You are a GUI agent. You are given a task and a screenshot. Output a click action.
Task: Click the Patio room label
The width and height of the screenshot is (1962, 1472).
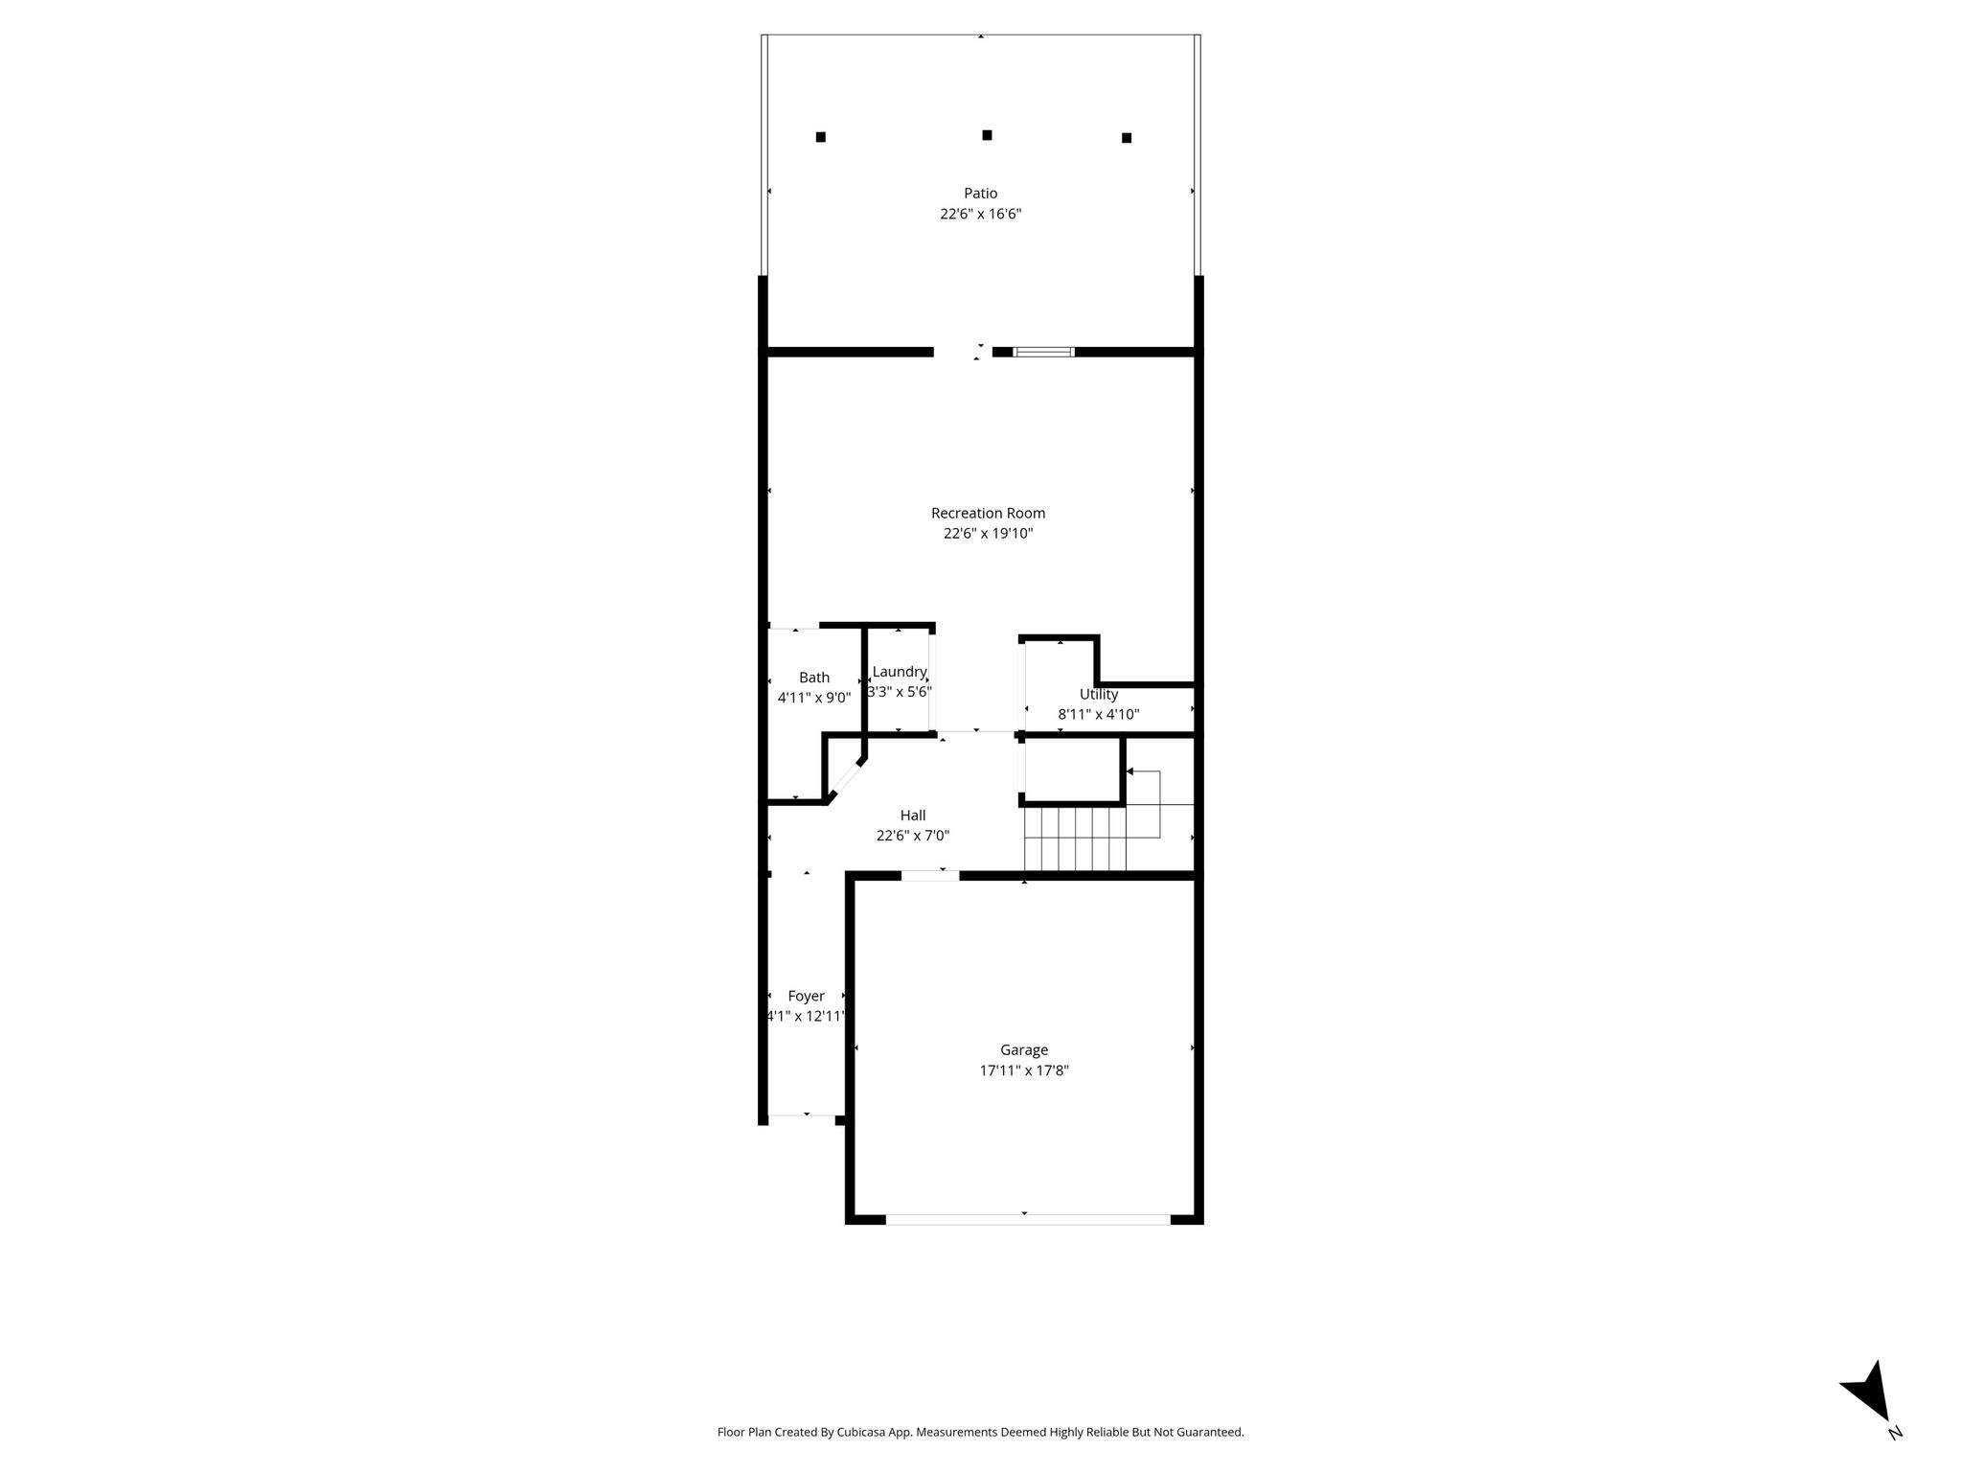tap(980, 194)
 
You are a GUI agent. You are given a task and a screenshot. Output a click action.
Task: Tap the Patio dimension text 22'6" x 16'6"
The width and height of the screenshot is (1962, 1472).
tap(980, 215)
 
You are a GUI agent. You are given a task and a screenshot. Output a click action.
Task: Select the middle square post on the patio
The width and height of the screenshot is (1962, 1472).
tap(987, 135)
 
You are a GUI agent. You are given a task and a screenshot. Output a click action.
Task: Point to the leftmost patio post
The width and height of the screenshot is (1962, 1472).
tap(821, 137)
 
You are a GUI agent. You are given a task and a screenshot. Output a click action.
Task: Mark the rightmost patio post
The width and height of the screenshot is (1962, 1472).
tap(1127, 138)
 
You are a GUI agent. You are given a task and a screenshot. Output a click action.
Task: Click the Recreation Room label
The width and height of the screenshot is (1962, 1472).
tap(988, 513)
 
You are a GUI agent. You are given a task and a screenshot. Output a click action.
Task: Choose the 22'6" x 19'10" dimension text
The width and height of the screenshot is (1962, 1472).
tap(988, 534)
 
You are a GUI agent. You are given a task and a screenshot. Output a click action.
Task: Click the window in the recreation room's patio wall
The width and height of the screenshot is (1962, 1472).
tap(1043, 352)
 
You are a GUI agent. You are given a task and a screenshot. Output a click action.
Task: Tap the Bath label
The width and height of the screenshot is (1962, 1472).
tap(814, 678)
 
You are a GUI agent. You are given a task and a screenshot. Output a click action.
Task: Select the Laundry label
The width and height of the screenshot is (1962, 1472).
tap(900, 672)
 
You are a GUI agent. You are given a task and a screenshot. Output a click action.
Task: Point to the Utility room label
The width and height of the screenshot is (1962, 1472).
tap(1099, 695)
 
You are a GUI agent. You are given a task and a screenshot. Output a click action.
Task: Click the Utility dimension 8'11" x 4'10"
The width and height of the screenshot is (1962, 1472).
tap(1099, 715)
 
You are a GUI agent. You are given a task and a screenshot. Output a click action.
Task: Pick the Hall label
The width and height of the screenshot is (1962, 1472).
tap(913, 816)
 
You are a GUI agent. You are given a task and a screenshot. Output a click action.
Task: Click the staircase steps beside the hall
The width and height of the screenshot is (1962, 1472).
tap(1075, 839)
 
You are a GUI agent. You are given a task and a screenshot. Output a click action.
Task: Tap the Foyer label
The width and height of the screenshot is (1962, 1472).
tap(807, 997)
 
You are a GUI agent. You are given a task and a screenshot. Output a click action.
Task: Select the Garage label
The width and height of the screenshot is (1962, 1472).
tap(1024, 1050)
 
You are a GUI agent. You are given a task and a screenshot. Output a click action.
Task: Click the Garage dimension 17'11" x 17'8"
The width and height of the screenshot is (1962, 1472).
tap(1024, 1071)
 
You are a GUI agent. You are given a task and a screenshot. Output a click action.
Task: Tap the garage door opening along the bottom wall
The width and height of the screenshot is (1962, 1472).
tap(1028, 1220)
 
